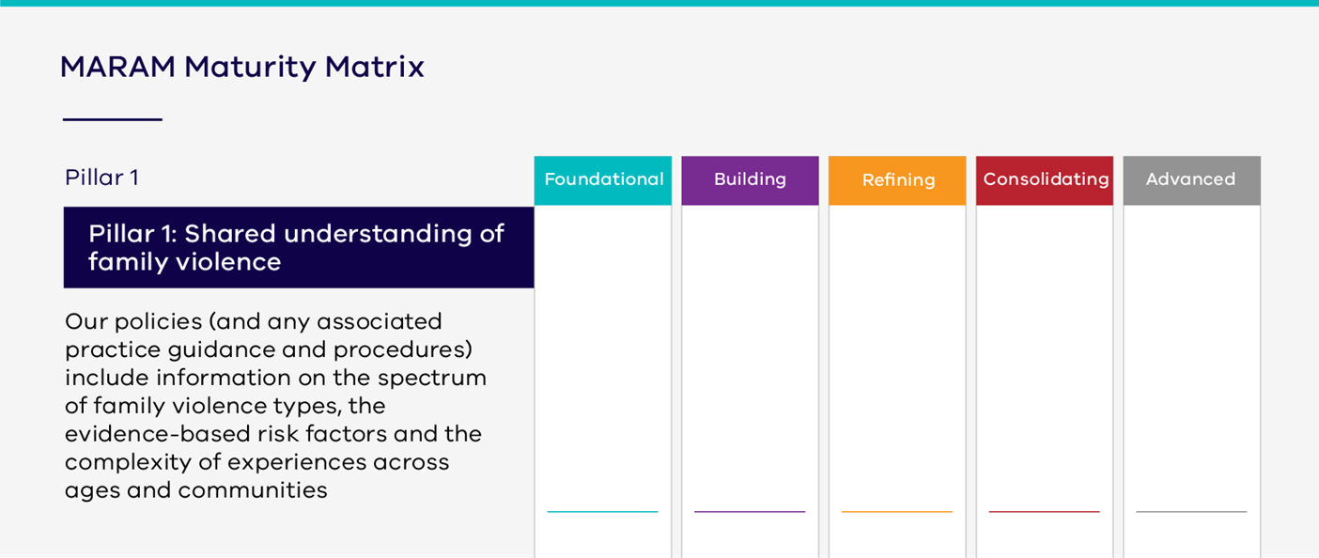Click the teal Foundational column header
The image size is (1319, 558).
pos(603,179)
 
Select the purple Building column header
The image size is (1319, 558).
pos(750,179)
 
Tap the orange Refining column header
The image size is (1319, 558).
pos(897,179)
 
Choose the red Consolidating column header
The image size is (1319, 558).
pos(1045,179)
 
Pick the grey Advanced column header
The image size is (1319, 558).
pos(1191,179)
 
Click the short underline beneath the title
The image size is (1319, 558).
pos(112,119)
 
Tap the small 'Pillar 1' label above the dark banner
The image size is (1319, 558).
pos(101,178)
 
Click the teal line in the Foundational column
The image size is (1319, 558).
pos(602,512)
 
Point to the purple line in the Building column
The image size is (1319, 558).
pos(750,512)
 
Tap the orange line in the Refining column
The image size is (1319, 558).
pos(897,512)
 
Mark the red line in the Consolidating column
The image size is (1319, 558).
pos(1044,512)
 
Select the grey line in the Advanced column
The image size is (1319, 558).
pos(1191,512)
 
